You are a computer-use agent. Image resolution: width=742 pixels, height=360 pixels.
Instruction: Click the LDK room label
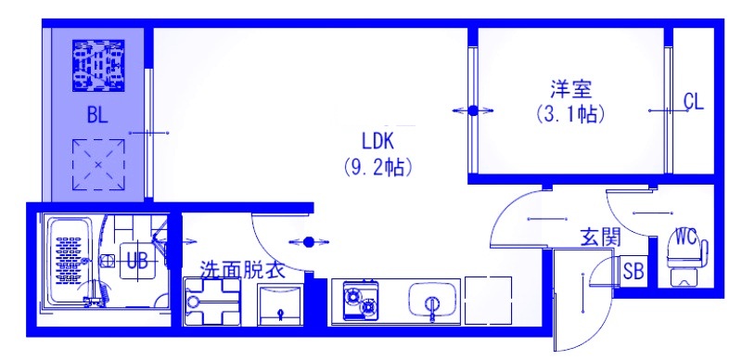(378, 141)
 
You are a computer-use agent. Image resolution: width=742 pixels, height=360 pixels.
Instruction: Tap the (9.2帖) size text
(378, 170)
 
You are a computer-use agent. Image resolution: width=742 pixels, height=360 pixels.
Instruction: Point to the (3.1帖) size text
(571, 115)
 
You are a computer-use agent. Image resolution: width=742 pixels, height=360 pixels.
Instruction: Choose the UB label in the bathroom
(136, 261)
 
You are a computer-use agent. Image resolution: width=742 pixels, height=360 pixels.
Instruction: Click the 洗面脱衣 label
(242, 270)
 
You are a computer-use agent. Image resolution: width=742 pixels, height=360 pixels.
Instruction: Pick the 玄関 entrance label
(599, 237)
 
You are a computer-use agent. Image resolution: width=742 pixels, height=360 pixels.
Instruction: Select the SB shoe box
(634, 272)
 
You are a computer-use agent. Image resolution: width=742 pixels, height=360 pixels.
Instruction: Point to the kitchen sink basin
(430, 302)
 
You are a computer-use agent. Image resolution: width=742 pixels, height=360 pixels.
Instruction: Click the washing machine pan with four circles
(211, 302)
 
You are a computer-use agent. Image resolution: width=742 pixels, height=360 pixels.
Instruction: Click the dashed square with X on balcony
(98, 165)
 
